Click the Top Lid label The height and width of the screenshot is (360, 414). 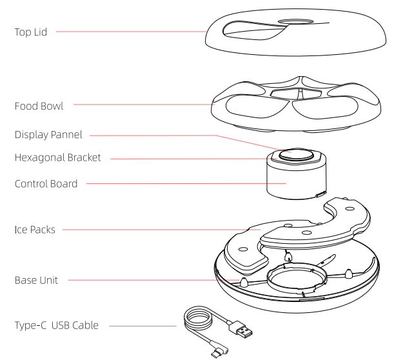point(30,32)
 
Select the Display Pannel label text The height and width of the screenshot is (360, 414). point(49,135)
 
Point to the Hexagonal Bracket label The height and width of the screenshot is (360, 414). point(57,157)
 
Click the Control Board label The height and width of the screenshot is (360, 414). point(46,184)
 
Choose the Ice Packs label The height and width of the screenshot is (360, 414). point(35,229)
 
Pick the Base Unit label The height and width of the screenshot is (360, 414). point(36,281)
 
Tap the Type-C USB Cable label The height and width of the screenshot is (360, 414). point(57,325)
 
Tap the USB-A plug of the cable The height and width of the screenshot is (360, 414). point(243,332)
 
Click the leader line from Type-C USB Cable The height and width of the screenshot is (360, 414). point(142,326)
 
